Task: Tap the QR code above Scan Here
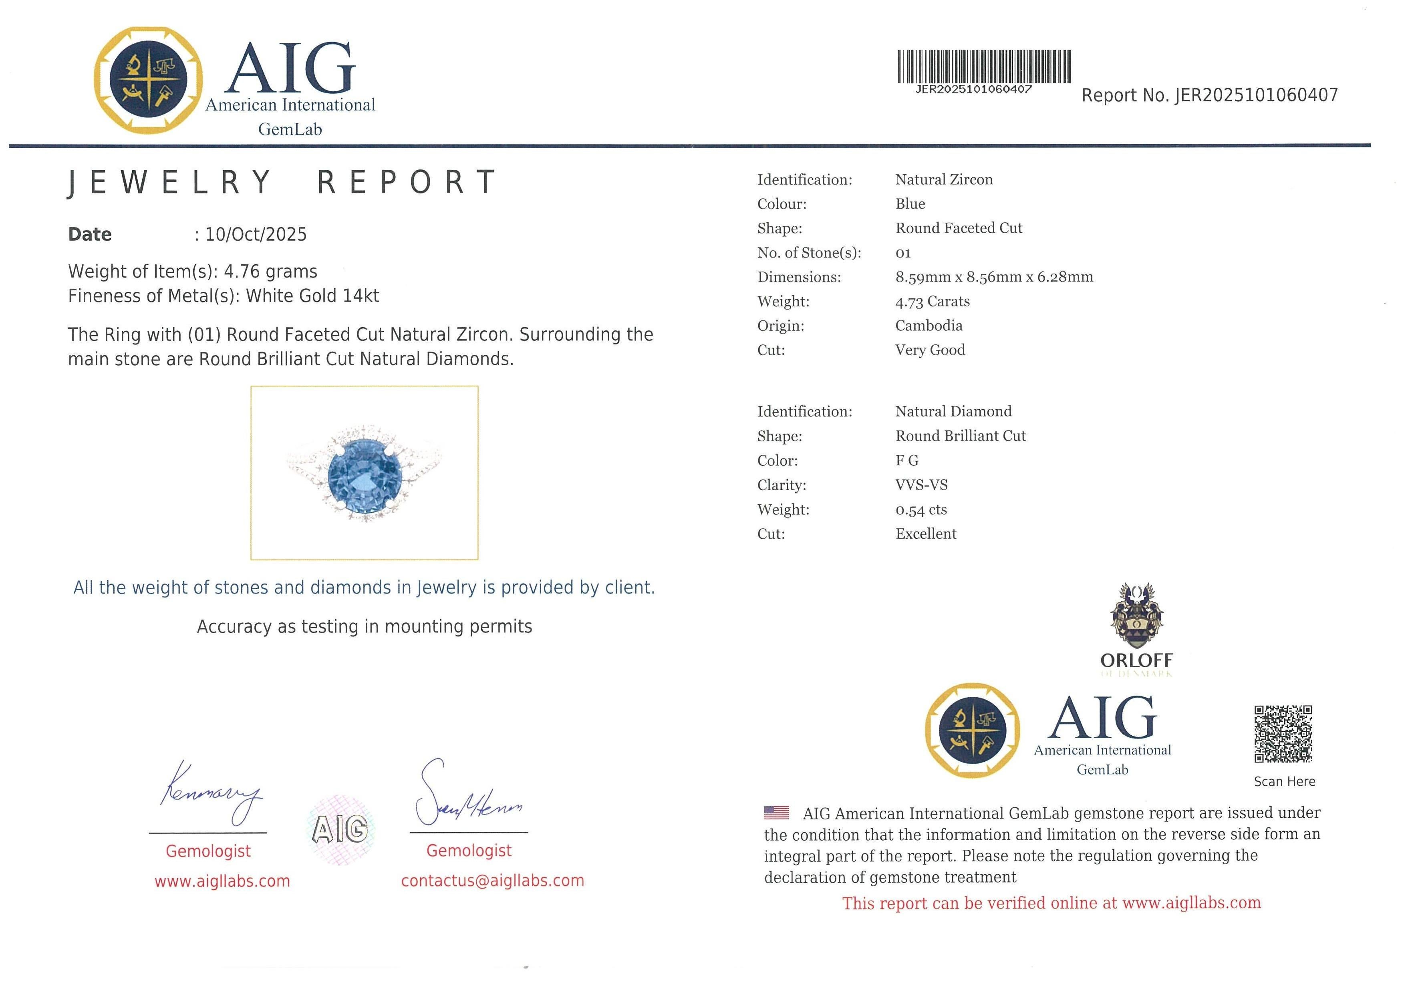[x=1283, y=733]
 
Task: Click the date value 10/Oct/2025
[x=256, y=234]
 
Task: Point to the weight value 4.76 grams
[x=270, y=271]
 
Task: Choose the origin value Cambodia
[x=929, y=326]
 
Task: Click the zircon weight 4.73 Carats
[x=932, y=301]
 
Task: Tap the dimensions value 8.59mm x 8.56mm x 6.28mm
[x=994, y=277]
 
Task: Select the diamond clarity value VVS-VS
[x=921, y=485]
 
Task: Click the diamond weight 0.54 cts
[x=921, y=509]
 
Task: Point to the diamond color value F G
[x=907, y=460]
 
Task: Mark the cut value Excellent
[x=925, y=534]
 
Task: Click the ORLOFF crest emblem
[x=1136, y=616]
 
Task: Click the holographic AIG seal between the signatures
[x=340, y=829]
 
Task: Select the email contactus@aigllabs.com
[x=492, y=881]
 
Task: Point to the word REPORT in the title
[x=407, y=182]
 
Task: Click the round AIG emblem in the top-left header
[x=148, y=80]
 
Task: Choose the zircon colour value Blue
[x=910, y=204]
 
